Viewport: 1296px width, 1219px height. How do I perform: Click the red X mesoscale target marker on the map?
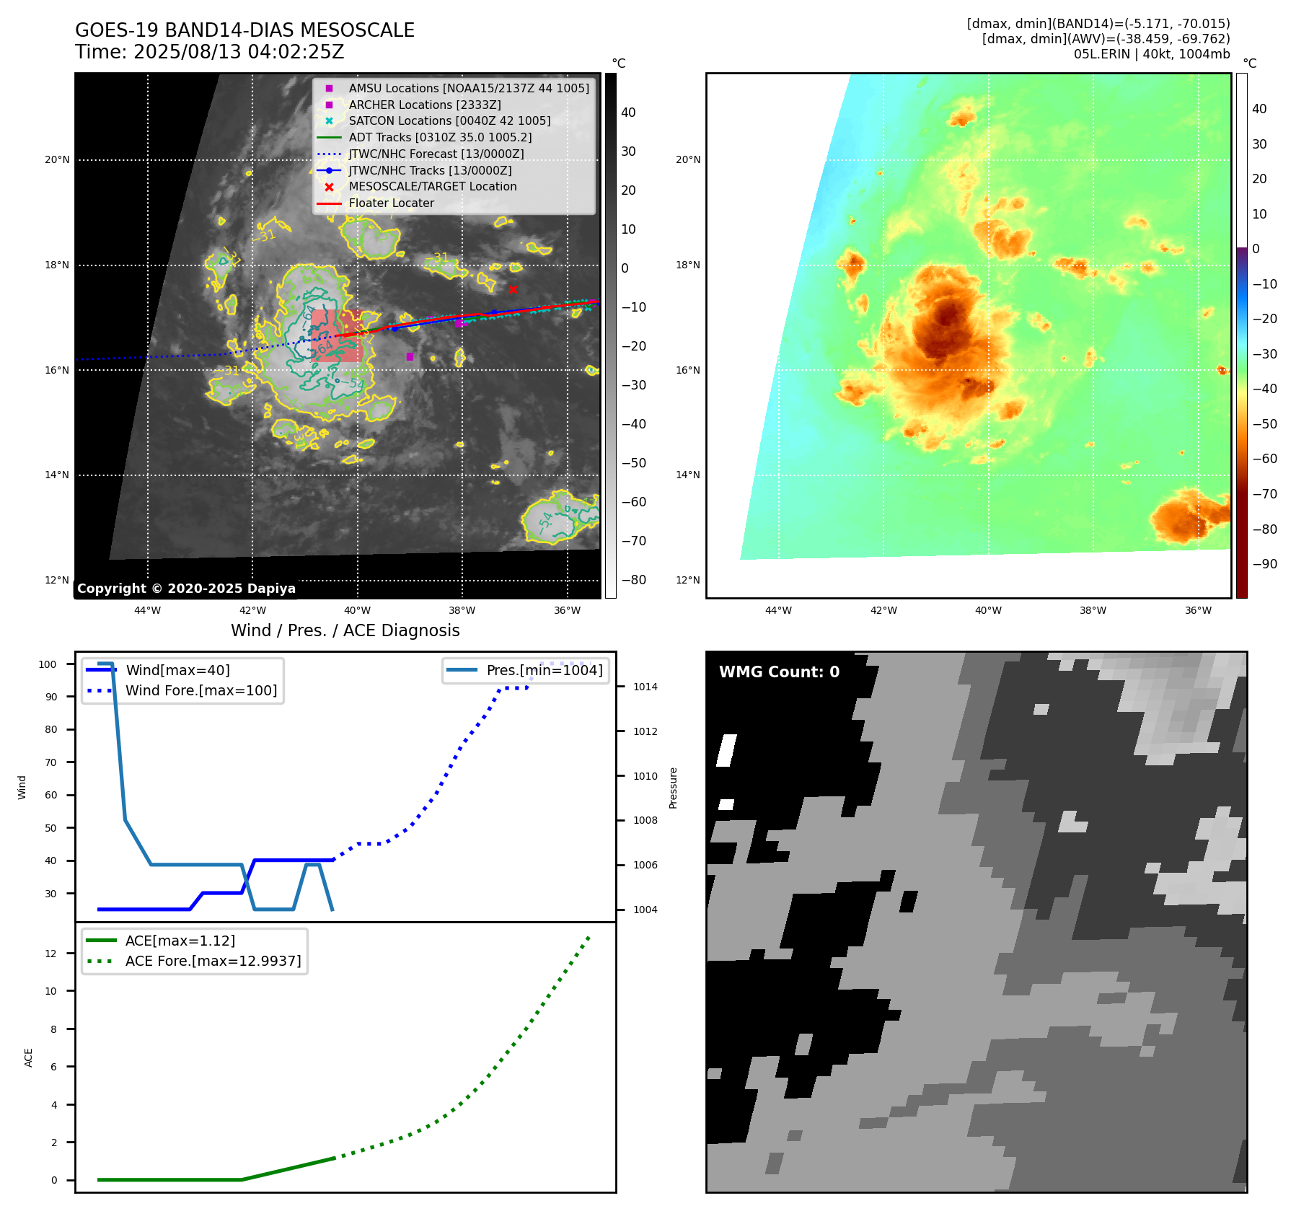coord(513,289)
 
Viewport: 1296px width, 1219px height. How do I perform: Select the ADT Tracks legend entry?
coord(440,137)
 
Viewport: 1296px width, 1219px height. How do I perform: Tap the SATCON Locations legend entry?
coord(449,120)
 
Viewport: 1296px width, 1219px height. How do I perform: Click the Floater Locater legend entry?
coord(391,203)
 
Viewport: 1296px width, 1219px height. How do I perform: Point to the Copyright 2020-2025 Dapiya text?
coord(186,589)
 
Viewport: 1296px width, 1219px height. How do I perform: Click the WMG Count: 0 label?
coord(779,672)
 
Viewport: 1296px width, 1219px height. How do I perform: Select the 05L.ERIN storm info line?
coord(1151,54)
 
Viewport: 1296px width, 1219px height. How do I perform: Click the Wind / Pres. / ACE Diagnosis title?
coord(345,630)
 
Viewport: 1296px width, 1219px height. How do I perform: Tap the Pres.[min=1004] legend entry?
coord(544,670)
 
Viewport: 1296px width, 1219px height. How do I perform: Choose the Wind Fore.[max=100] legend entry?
coord(200,690)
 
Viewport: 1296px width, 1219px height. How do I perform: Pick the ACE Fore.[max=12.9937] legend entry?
coord(213,961)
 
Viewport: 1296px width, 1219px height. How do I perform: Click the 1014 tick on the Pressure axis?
coord(645,687)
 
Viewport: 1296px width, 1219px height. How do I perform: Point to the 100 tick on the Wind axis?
coord(48,664)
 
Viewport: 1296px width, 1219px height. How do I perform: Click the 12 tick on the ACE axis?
coord(50,954)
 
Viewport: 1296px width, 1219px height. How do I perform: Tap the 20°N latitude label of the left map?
coord(57,159)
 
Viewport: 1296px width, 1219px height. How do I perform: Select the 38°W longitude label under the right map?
coord(1093,610)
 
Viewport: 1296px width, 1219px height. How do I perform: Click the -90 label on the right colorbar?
coord(1264,564)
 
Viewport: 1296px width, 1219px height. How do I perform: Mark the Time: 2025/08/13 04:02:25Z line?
coord(209,52)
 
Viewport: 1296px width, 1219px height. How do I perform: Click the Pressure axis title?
coord(673,788)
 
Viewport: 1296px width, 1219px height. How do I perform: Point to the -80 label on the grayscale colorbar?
coord(634,580)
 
